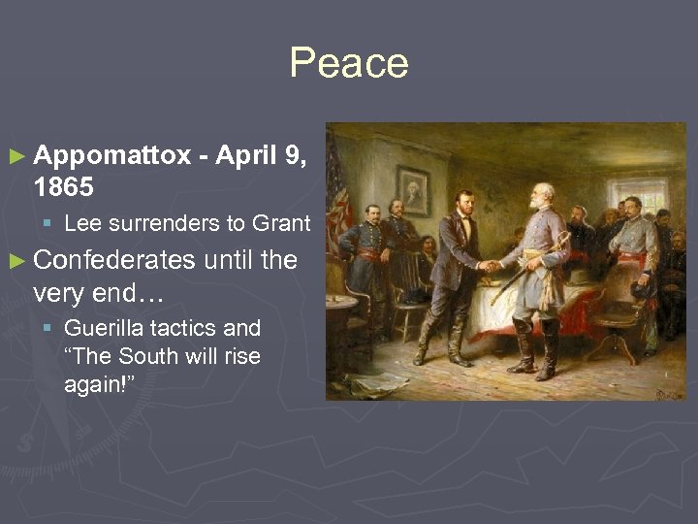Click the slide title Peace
pos(348,64)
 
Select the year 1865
pos(63,186)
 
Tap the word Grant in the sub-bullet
pos(281,224)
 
